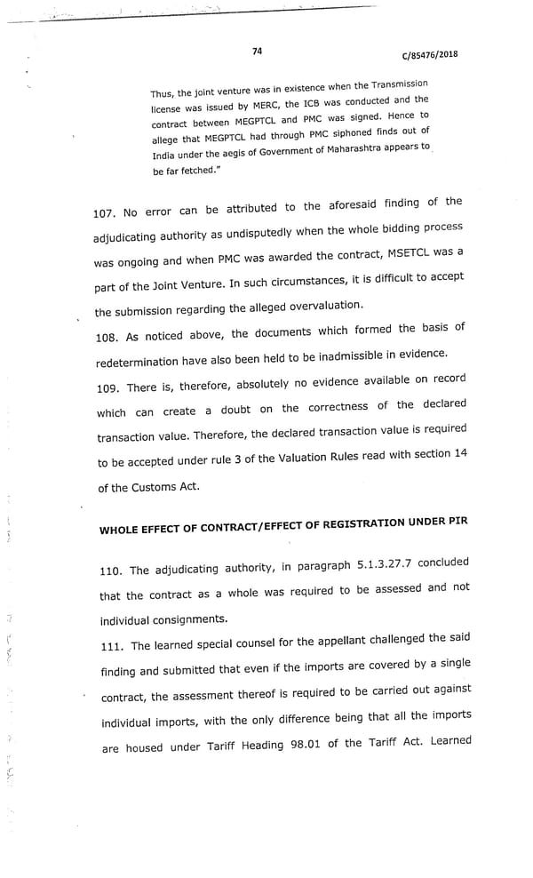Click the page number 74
257,52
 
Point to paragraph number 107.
105,213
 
